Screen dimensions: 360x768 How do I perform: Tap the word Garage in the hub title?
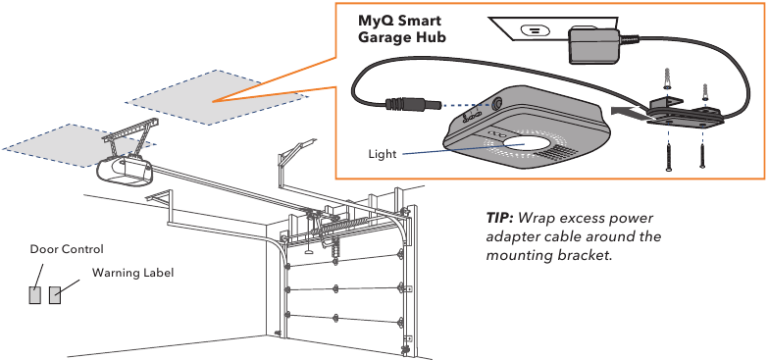(384, 37)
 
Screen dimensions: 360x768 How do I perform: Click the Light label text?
(382, 153)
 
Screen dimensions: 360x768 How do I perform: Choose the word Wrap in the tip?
(538, 218)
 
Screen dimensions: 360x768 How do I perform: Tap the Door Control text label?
(66, 249)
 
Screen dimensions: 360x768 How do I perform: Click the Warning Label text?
(132, 272)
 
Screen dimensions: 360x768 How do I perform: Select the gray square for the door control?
(35, 295)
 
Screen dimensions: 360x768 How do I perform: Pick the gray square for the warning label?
(55, 295)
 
